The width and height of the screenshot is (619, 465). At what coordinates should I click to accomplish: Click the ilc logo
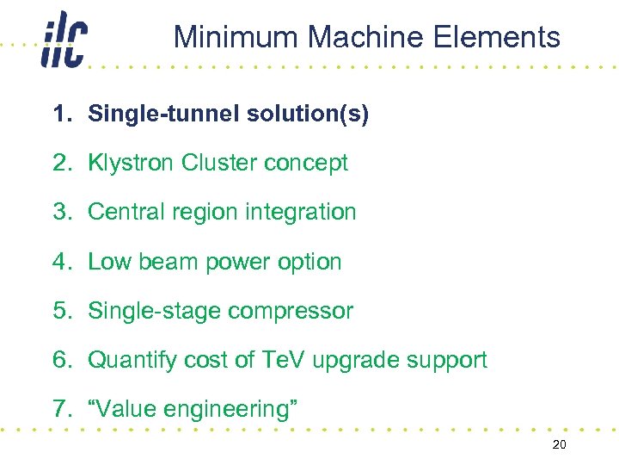pyautogui.click(x=63, y=40)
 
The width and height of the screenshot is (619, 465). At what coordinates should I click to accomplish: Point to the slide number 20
pyautogui.click(x=560, y=443)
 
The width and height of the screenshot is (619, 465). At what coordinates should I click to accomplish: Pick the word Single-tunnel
pyautogui.click(x=158, y=114)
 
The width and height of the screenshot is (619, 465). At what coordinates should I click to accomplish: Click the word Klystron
pyautogui.click(x=132, y=163)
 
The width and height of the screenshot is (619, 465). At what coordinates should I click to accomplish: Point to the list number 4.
pyautogui.click(x=59, y=262)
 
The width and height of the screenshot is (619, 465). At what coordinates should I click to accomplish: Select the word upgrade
pyautogui.click(x=353, y=361)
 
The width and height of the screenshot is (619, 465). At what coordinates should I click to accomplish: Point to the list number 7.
pyautogui.click(x=59, y=409)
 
